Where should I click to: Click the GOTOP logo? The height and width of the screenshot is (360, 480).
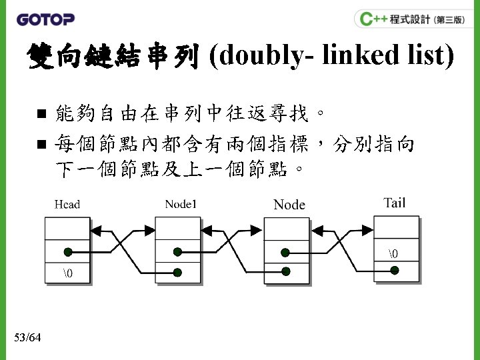(x=45, y=19)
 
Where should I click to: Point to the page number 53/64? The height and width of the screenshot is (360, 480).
(x=27, y=338)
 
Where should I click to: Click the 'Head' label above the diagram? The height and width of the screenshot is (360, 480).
(x=67, y=204)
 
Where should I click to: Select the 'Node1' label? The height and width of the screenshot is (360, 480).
(x=181, y=204)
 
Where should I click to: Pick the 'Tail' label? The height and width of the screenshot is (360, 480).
(x=394, y=203)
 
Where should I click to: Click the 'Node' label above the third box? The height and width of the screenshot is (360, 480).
(x=289, y=205)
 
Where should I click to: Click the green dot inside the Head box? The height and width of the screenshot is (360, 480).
(x=68, y=252)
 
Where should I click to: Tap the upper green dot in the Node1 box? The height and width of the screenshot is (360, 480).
(x=177, y=252)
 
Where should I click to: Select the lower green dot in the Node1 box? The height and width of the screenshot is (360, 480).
(x=177, y=272)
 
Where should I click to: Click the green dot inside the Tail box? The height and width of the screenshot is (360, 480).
(x=395, y=270)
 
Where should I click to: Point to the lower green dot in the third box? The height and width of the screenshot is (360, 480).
(x=286, y=271)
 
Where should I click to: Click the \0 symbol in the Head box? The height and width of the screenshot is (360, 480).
(x=67, y=273)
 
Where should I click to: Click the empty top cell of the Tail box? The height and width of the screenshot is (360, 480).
(x=396, y=227)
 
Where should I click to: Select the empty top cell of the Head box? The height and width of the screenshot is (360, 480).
(x=67, y=229)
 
